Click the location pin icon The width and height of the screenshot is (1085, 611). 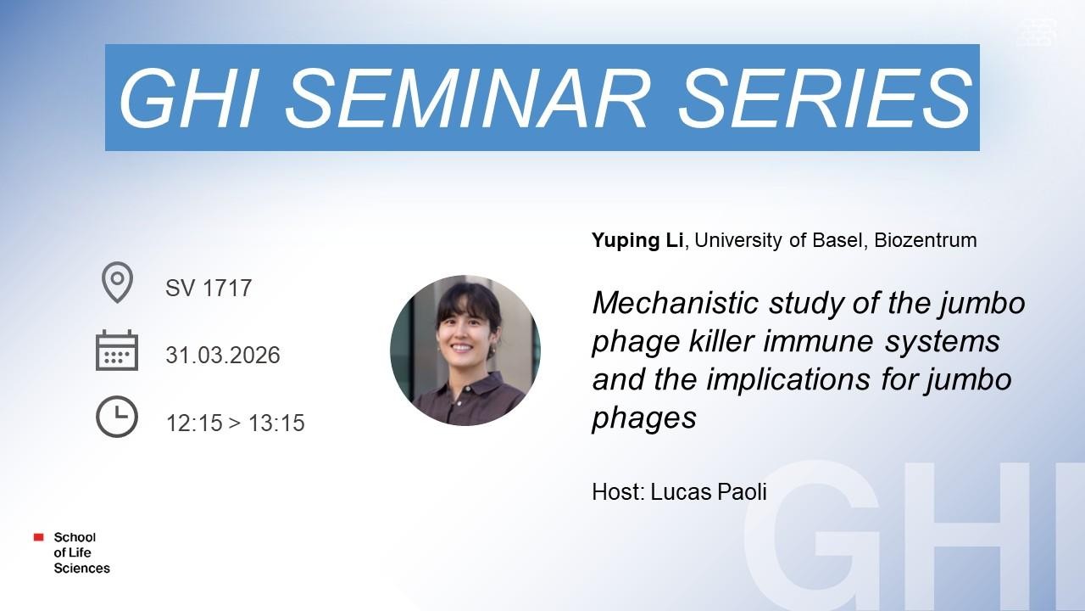117,283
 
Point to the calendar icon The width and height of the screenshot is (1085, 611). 117,350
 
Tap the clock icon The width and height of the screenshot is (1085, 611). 117,417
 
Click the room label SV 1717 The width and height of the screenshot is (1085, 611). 209,288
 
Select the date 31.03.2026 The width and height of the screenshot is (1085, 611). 223,355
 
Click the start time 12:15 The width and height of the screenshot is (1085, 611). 194,423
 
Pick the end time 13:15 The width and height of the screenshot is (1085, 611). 276,423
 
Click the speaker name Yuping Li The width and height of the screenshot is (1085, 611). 637,240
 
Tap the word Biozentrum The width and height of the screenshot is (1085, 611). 925,240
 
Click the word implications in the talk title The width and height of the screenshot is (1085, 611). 788,379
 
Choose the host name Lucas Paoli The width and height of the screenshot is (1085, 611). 708,491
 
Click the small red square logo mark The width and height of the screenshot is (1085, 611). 39,537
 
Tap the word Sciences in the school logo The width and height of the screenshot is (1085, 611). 82,568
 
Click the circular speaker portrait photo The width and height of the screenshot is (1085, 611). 465,350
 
